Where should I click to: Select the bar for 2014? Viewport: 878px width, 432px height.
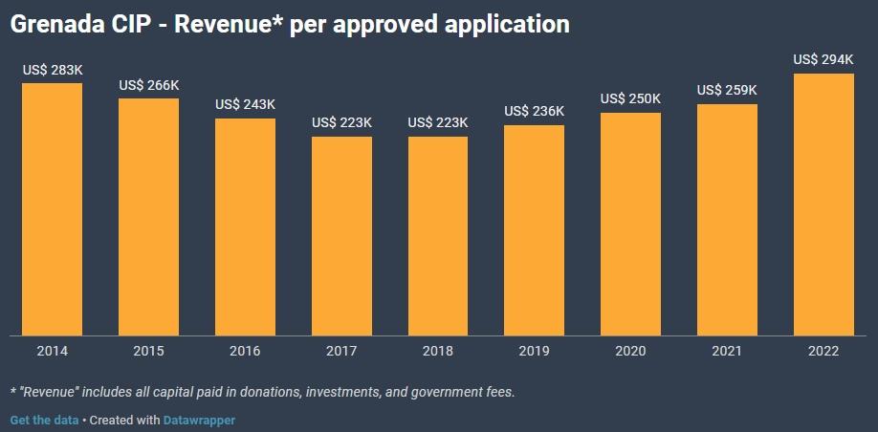(x=53, y=209)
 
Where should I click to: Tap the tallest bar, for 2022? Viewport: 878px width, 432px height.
(x=823, y=205)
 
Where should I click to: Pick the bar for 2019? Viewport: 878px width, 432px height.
(x=535, y=230)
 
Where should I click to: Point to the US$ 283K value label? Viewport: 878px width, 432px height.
(x=54, y=70)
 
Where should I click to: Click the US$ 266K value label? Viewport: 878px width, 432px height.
(x=149, y=85)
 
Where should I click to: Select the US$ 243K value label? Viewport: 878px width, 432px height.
(x=245, y=104)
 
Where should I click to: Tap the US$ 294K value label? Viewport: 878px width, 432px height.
(x=823, y=59)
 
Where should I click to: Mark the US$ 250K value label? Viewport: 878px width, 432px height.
(x=630, y=98)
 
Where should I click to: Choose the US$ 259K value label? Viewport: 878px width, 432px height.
(x=727, y=90)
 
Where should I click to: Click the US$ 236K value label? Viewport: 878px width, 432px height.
(x=535, y=111)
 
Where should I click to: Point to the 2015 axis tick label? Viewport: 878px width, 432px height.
(x=149, y=351)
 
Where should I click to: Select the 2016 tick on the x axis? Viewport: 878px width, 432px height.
(x=245, y=351)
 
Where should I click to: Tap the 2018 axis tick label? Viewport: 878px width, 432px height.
(x=438, y=351)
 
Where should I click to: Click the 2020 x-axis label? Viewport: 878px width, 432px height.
(x=630, y=351)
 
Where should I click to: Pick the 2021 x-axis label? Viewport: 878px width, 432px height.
(x=727, y=351)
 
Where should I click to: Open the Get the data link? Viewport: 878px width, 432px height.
(x=44, y=420)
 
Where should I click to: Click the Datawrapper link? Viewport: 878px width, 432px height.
(x=199, y=420)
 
